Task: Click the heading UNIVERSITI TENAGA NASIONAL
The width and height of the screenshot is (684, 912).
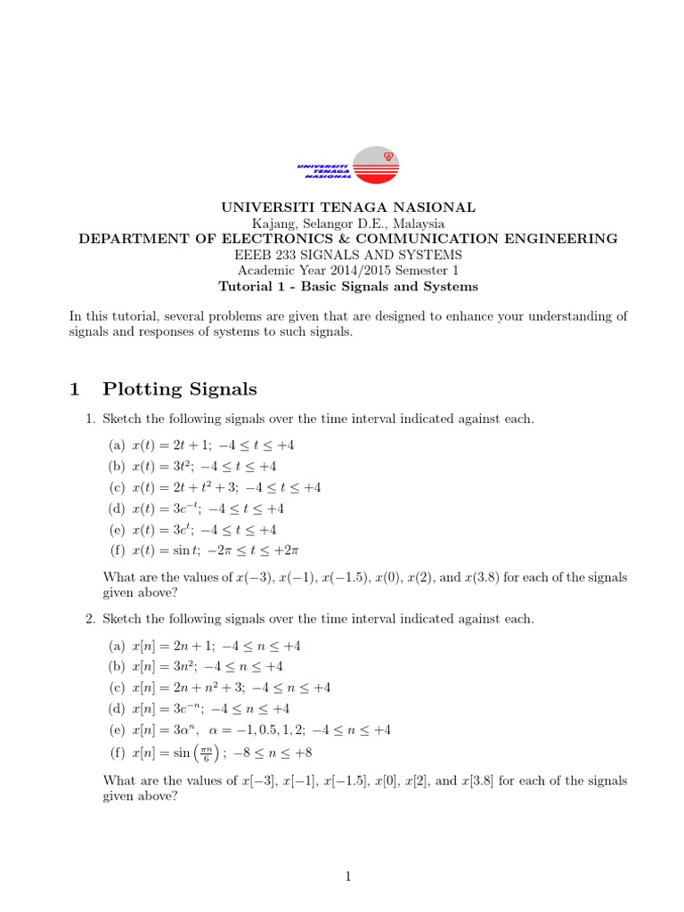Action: pyautogui.click(x=348, y=207)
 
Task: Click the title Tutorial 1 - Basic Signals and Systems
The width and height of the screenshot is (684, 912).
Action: pyautogui.click(x=348, y=287)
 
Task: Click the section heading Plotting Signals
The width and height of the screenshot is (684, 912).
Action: pyautogui.click(x=180, y=388)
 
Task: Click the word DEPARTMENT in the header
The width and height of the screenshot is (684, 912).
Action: pyautogui.click(x=126, y=239)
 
